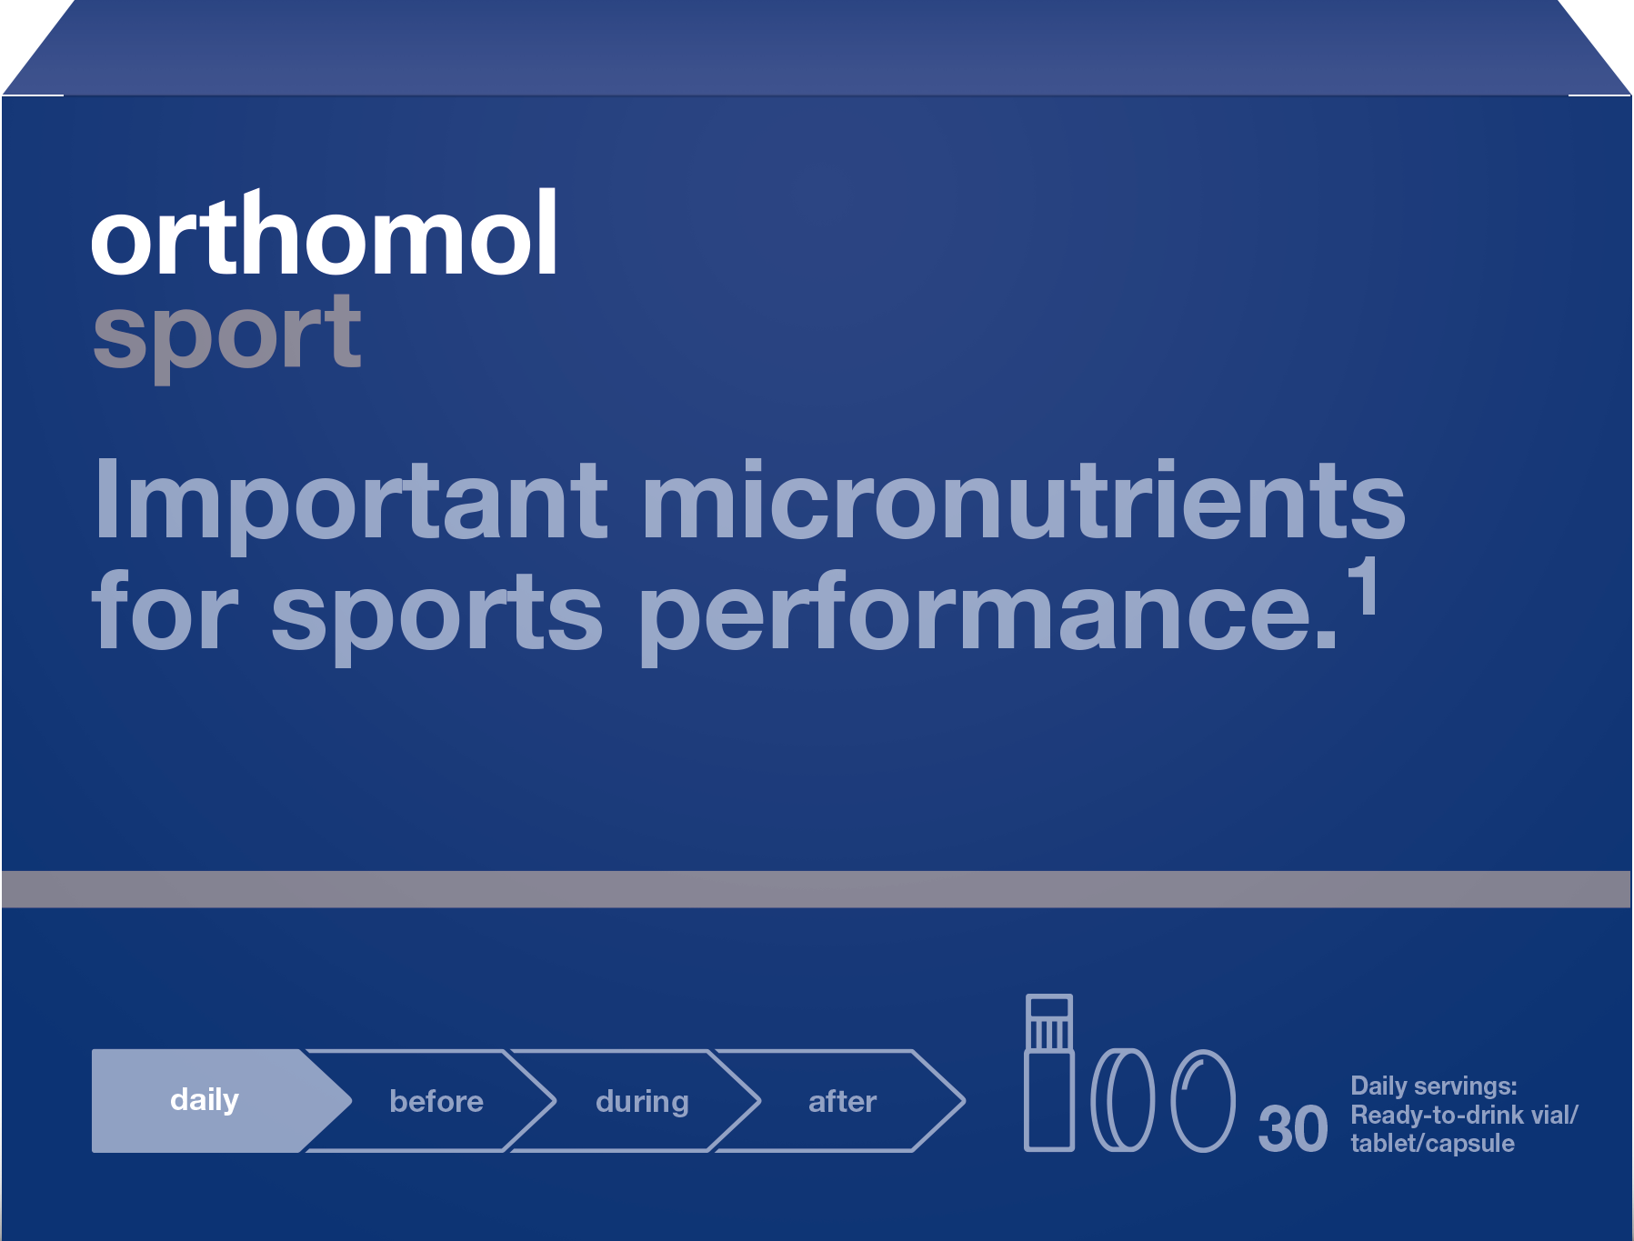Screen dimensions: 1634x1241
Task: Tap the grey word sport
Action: (x=227, y=335)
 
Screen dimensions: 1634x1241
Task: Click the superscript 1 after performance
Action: (x=1362, y=586)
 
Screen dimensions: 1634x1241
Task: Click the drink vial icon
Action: (x=1049, y=1073)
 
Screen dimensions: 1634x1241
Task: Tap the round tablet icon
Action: (x=1123, y=1100)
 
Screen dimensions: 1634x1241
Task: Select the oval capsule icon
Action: (x=1203, y=1100)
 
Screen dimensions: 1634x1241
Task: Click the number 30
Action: (x=1293, y=1129)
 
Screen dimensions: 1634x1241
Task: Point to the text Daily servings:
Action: (x=1434, y=1086)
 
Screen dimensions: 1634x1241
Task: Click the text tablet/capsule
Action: (x=1433, y=1143)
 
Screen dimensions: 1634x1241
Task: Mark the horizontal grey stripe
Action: (x=817, y=889)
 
